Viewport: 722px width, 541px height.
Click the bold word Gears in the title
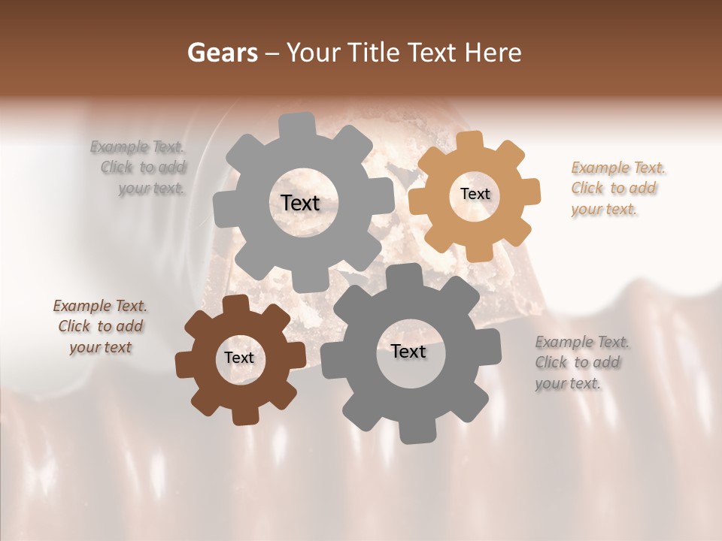(x=222, y=53)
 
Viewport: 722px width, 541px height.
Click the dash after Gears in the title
(x=272, y=53)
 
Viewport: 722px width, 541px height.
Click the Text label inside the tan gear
(x=475, y=194)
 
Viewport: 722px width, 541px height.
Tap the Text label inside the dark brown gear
(x=239, y=358)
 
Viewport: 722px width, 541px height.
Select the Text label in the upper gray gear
(x=300, y=203)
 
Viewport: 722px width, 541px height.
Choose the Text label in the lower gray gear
(x=408, y=351)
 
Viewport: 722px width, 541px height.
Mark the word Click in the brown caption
(x=74, y=326)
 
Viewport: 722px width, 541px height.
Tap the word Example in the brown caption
(x=82, y=306)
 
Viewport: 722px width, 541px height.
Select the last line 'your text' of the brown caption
(x=100, y=347)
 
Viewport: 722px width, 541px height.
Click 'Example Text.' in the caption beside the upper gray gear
(x=138, y=147)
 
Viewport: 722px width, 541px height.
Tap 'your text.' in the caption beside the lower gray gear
(x=568, y=383)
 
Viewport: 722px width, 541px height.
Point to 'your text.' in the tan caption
(x=604, y=209)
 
